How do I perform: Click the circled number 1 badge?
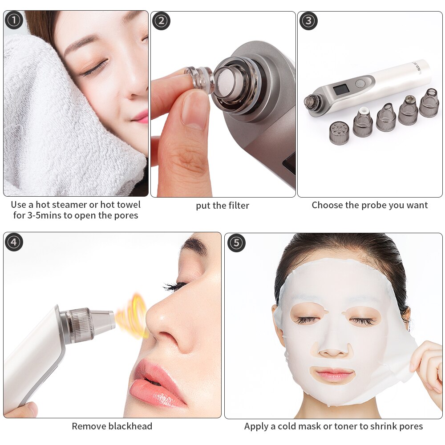14,20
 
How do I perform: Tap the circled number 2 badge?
161,21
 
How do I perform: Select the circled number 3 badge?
308,21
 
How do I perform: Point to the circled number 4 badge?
14,242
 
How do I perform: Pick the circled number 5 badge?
236,243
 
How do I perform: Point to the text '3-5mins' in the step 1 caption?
44,215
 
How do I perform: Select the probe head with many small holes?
338,133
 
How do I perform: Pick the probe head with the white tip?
363,121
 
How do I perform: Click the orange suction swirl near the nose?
132,316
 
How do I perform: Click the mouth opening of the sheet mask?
332,374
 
